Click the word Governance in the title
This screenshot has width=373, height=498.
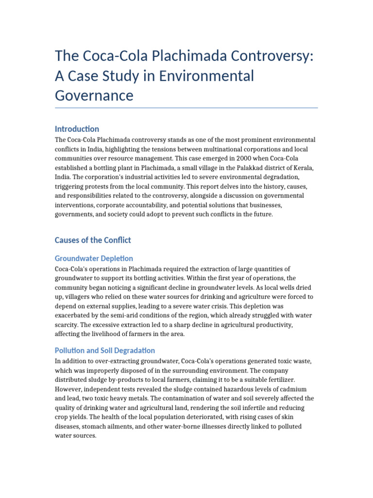94,95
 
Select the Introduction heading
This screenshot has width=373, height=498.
77,129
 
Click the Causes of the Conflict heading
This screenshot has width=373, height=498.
93,240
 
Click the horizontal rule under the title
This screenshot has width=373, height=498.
186,108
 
